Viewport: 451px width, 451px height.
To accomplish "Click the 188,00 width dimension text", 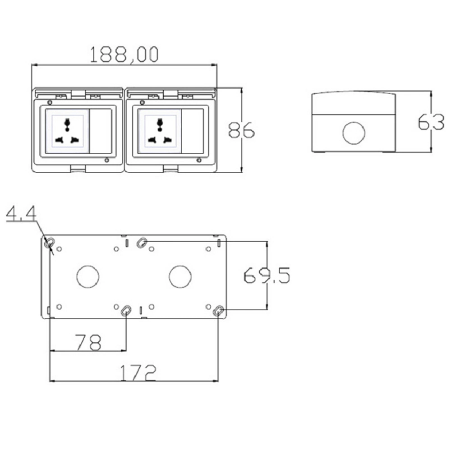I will [124, 55].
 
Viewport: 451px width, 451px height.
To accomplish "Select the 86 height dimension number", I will [241, 130].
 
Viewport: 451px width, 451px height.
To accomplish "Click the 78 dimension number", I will [88, 343].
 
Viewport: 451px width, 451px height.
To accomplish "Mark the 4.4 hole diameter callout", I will [22, 215].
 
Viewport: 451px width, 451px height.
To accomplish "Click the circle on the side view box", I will [354, 133].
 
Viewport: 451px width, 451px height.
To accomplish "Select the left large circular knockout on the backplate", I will [88, 276].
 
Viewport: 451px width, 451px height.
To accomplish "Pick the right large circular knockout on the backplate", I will [180, 276].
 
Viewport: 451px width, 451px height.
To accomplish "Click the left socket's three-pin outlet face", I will [68, 131].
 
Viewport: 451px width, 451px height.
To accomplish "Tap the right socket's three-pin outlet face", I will [159, 131].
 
